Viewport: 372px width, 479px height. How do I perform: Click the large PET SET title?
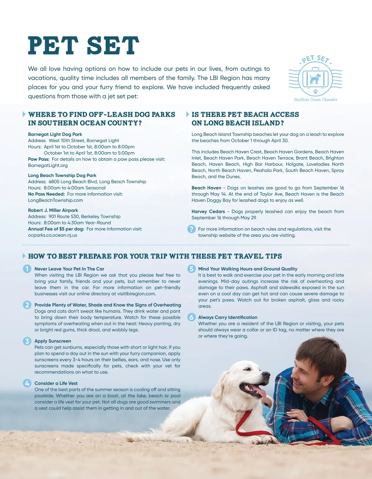[x=83, y=46]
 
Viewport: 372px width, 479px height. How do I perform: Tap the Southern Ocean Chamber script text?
[x=315, y=100]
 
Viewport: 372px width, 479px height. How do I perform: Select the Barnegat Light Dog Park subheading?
[x=55, y=134]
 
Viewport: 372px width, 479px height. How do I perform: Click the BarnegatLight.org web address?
[x=48, y=165]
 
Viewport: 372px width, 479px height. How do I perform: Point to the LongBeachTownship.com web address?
[x=55, y=200]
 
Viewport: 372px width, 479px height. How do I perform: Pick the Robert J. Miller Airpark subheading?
[x=53, y=210]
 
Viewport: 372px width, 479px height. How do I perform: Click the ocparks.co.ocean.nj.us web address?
[x=52, y=235]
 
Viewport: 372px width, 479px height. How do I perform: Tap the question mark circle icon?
[x=192, y=229]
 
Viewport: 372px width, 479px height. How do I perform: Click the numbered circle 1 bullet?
[x=27, y=269]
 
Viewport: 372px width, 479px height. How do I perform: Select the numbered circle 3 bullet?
[x=27, y=341]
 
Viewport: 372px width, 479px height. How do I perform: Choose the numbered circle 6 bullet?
[x=192, y=317]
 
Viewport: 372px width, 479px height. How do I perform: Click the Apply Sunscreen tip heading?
[x=53, y=341]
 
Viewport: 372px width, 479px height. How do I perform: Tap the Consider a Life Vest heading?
[x=56, y=383]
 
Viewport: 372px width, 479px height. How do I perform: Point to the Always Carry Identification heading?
[x=228, y=317]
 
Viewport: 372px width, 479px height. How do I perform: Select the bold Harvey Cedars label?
[x=208, y=211]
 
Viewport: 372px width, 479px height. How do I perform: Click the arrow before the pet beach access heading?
[x=188, y=114]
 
